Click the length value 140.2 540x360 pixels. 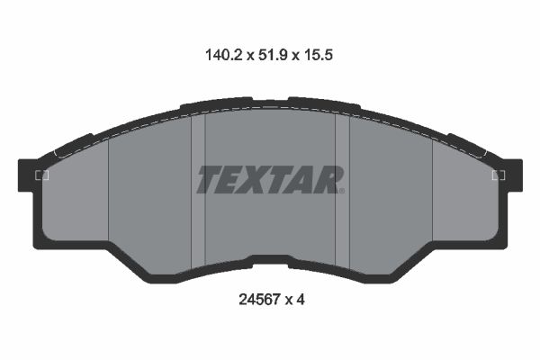(218, 54)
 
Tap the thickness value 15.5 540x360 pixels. (321, 54)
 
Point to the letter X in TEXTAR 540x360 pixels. (262, 180)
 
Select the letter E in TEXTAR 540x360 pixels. (236, 180)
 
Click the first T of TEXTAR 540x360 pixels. (211, 180)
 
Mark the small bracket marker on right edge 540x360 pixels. (498, 175)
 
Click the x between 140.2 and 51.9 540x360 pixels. (244, 55)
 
